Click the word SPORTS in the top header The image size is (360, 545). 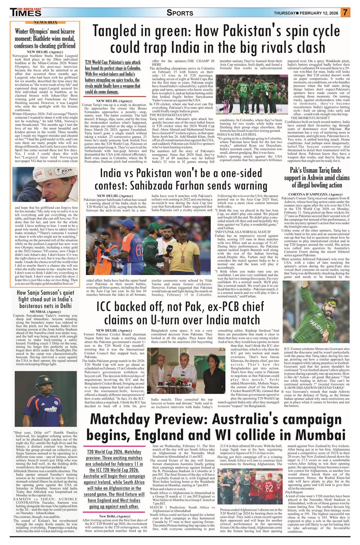[180, 13]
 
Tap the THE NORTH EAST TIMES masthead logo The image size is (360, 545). [26, 12]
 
